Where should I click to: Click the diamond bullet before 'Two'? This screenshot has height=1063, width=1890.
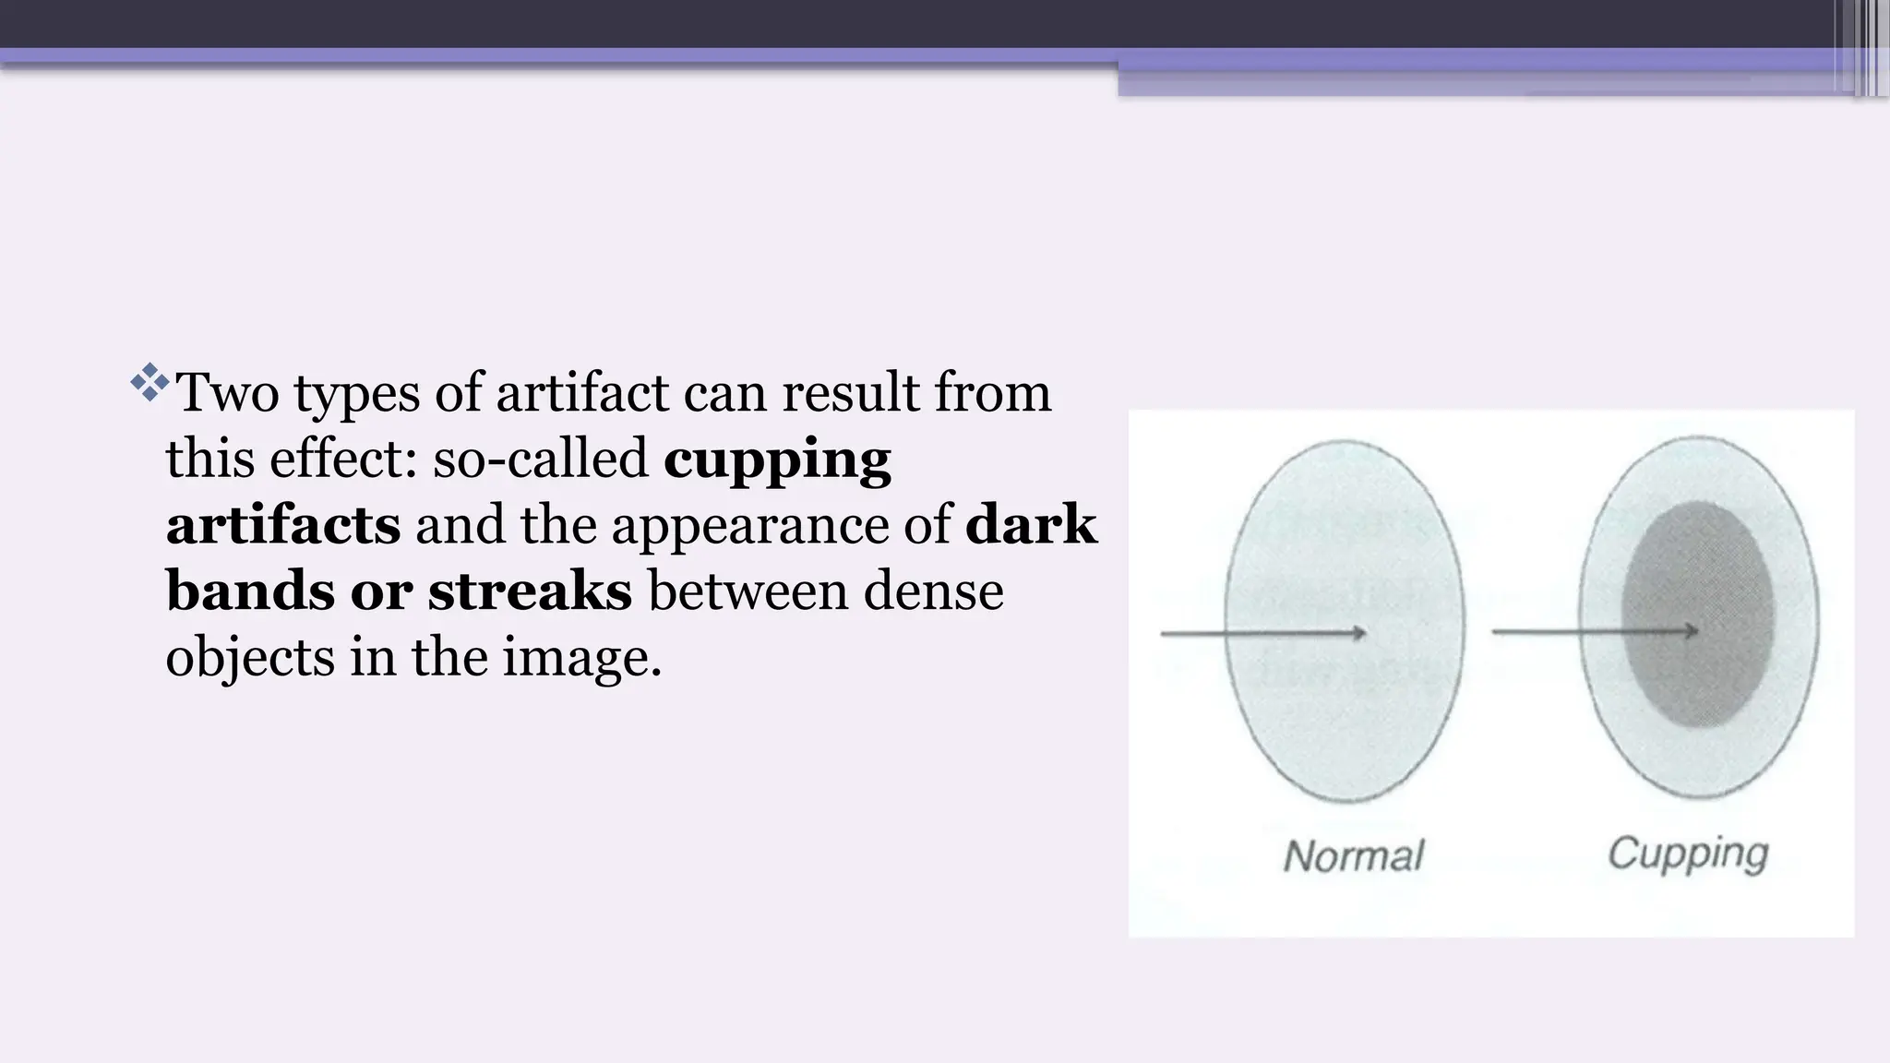coord(150,383)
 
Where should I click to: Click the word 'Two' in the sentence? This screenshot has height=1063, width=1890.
coord(227,392)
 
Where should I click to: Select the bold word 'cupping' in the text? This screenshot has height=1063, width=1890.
coord(777,460)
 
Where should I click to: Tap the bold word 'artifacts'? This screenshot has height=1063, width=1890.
coord(283,525)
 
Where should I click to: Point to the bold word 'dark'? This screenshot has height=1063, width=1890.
coord(1031,525)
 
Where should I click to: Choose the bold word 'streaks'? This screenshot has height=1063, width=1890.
coord(530,591)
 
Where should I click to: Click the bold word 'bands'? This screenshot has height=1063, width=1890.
coord(249,591)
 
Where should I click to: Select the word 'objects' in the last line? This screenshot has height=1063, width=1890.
coord(249,659)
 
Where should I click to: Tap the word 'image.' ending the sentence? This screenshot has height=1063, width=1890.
coord(582,659)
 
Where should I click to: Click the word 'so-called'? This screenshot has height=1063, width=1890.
coord(541,459)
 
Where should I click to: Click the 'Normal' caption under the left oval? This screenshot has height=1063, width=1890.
coord(1354,856)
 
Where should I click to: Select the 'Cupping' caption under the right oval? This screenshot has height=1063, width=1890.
coord(1688,854)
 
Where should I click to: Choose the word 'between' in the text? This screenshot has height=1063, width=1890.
coord(748,591)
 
